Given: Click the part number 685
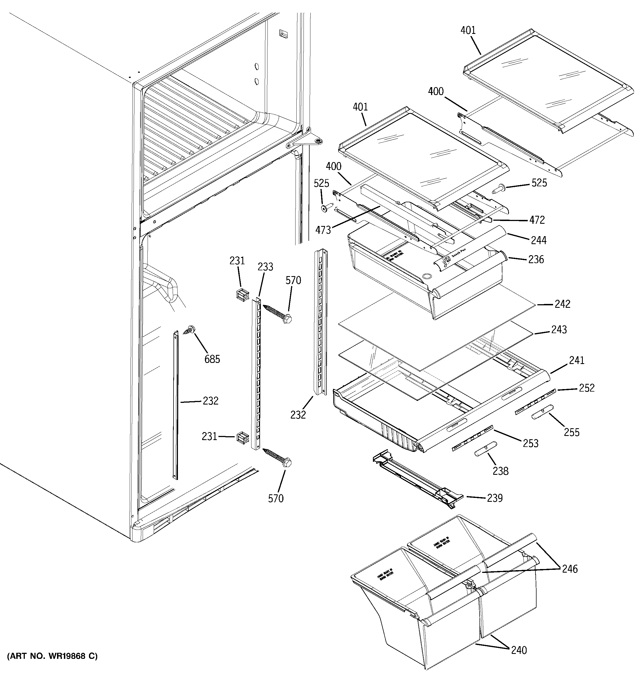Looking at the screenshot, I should coord(212,359).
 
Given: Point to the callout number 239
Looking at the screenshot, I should coord(495,498).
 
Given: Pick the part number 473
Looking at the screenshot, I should coord(323,230).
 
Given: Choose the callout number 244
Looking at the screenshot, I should coord(538,240).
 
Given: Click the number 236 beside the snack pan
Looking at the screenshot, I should coord(536,259).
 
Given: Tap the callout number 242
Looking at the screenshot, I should coord(562,304).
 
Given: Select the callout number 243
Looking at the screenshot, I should coord(559,330).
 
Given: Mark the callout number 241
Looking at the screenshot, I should coord(576,360).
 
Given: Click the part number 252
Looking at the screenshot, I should coord(586,388).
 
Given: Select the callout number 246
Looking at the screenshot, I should coord(569,569).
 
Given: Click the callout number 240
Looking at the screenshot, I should coord(519,650).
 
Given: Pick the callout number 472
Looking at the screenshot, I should coord(537,220).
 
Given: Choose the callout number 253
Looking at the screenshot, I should coord(530,443).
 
